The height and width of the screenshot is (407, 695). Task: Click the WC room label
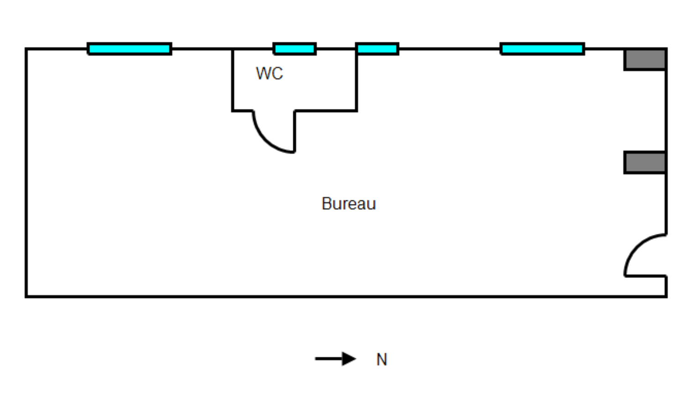[x=269, y=73]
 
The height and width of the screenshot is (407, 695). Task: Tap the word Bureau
[x=348, y=203]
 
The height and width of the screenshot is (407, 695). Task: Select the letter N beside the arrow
[x=382, y=360]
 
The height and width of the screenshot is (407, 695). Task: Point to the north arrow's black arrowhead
[x=348, y=359]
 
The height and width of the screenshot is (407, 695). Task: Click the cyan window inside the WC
[x=295, y=49]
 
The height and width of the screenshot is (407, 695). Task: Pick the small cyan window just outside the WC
[x=377, y=49]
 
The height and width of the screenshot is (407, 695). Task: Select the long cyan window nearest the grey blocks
[x=542, y=49]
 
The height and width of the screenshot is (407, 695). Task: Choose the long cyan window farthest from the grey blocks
[x=130, y=49]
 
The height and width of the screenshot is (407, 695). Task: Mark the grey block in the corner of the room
[x=644, y=59]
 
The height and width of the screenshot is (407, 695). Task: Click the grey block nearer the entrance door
[x=644, y=162]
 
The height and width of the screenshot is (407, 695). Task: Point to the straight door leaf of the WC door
[x=295, y=131]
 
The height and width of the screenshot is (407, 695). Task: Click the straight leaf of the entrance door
[x=645, y=276]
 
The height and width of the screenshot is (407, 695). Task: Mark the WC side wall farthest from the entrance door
[x=232, y=80]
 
